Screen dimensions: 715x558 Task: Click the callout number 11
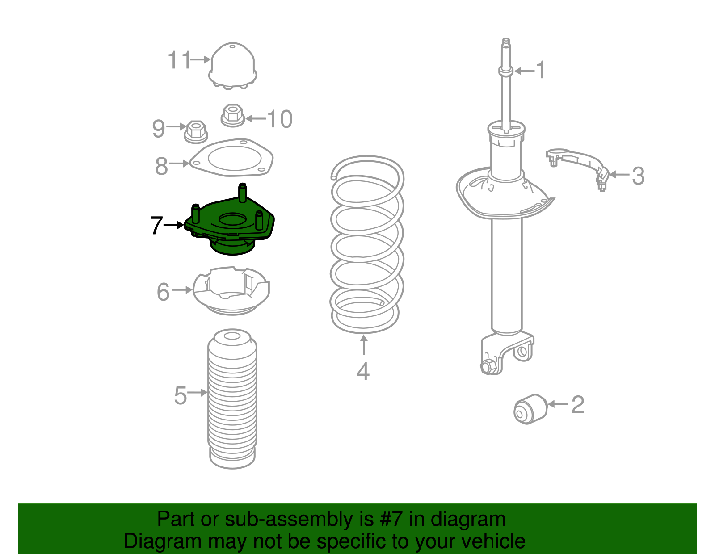(x=179, y=60)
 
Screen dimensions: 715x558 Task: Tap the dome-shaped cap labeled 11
(x=233, y=65)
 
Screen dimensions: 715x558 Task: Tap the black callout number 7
(x=156, y=225)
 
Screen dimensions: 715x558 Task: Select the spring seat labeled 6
(x=231, y=291)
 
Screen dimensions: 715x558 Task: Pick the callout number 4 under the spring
(x=363, y=371)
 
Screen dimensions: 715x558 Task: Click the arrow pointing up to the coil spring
(x=364, y=344)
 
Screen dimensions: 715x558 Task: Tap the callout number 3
(x=638, y=176)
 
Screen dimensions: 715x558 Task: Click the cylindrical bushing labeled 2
(x=530, y=409)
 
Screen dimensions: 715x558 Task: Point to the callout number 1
(x=541, y=70)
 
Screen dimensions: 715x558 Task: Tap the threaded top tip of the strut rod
(x=506, y=41)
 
